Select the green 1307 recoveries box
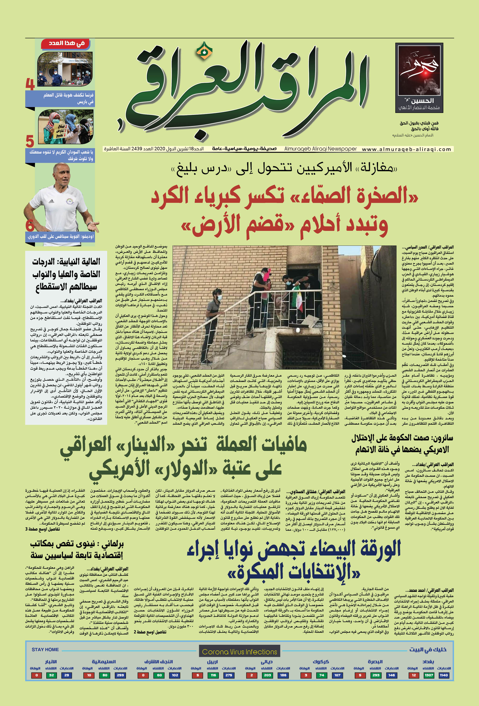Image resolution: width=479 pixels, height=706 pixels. coord(429,675)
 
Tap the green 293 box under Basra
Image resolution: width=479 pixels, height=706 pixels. coord(376,675)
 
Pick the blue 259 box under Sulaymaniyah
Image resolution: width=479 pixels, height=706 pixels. coord(120,675)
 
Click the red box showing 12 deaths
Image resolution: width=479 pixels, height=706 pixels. coord(413,675)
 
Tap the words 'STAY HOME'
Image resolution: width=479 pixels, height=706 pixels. coord(45,649)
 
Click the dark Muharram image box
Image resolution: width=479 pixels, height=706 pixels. coord(419,78)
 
